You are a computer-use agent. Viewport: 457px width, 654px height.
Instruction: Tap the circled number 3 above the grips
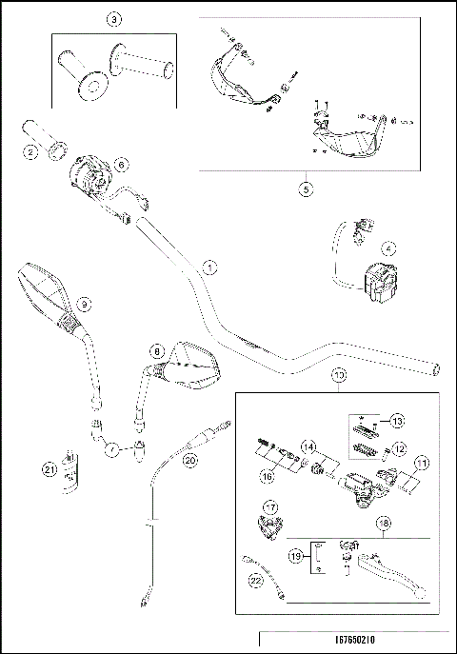click(x=114, y=19)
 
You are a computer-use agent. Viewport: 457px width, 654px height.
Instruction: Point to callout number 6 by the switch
click(x=122, y=164)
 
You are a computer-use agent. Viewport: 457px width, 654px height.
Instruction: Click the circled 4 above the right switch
click(x=388, y=246)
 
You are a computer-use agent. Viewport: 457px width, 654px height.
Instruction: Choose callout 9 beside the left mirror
click(x=85, y=304)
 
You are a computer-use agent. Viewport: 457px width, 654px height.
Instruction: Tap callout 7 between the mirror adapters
click(x=112, y=446)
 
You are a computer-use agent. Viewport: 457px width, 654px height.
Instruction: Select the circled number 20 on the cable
click(x=189, y=459)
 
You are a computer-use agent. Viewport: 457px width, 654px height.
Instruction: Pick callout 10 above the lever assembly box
click(x=339, y=376)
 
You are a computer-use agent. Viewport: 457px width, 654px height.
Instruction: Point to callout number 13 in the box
click(x=398, y=420)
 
